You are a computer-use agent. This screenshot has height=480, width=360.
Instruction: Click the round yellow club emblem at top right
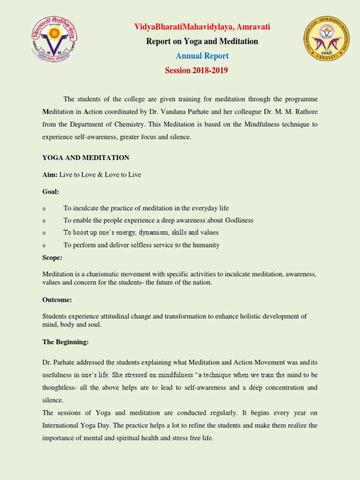327,38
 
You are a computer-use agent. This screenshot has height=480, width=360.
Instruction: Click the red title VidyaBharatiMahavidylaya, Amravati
202,27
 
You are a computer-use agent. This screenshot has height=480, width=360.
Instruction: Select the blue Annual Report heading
202,56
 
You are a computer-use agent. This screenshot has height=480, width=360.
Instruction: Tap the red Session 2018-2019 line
196,70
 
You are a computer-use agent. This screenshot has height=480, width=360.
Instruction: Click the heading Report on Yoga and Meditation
202,41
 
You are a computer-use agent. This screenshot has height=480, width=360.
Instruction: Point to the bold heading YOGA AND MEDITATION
86,157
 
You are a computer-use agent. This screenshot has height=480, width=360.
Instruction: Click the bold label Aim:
50,174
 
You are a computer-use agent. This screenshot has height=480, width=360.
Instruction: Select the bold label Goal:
51,191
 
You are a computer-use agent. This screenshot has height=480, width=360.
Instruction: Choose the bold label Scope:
52,257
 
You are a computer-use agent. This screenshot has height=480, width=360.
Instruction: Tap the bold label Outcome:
57,300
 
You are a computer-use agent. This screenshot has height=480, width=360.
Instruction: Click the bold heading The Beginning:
65,342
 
